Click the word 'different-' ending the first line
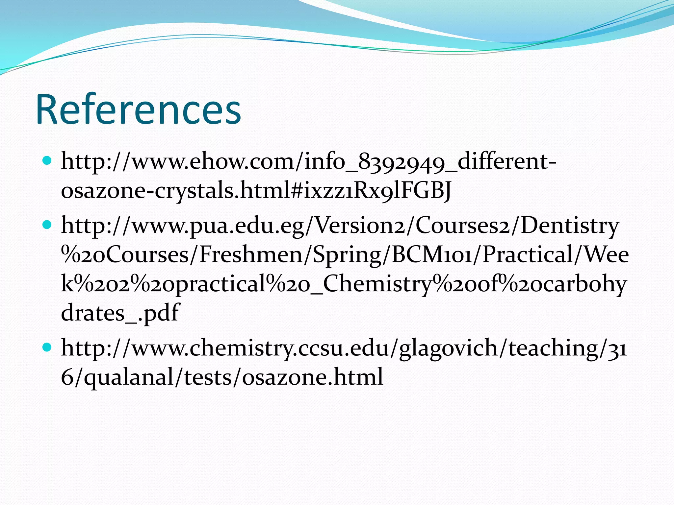pyautogui.click(x=507, y=162)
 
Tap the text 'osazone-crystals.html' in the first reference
pyautogui.click(x=150, y=191)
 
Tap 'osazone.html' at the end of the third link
pyautogui.click(x=313, y=377)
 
